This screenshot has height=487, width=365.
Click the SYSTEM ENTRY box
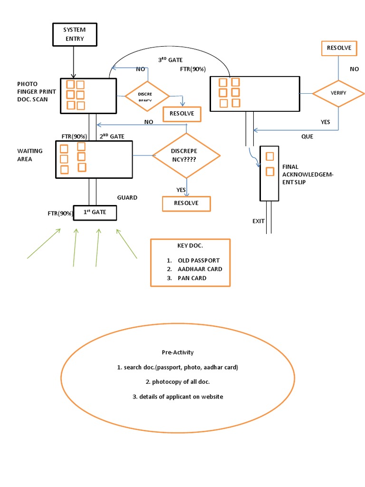click(74, 34)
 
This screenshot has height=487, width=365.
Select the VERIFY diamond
click(338, 93)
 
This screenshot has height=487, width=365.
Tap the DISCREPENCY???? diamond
click(186, 155)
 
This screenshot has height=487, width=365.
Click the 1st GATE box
click(95, 212)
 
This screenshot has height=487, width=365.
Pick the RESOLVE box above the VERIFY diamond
click(339, 48)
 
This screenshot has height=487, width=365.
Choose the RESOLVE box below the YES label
click(186, 204)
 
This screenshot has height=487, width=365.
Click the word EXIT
click(259, 221)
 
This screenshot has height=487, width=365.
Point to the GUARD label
click(127, 197)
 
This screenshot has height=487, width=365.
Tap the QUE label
click(307, 136)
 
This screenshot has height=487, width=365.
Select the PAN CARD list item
click(192, 278)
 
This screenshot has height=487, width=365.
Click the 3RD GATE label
click(170, 60)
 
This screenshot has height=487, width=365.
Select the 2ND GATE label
click(112, 136)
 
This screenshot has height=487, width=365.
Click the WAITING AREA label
click(30, 155)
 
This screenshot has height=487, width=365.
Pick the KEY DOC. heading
click(190, 246)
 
